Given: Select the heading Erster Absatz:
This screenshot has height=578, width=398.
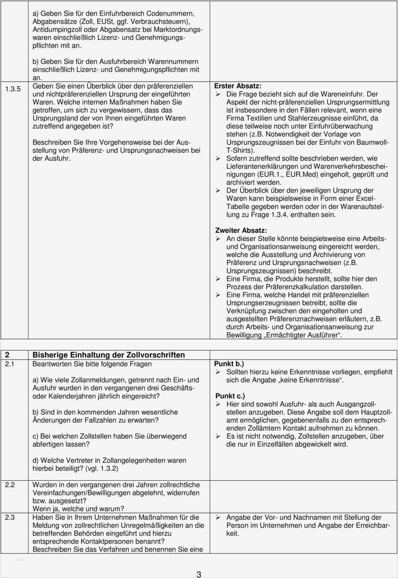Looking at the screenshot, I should (x=238, y=86).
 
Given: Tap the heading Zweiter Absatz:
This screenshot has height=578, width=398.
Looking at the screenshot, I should (x=241, y=230).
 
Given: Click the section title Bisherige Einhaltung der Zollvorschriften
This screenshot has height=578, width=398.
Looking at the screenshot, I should (x=109, y=355).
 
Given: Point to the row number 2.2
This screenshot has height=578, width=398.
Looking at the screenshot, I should (x=10, y=484).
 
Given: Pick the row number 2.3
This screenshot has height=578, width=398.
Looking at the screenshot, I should (x=10, y=517).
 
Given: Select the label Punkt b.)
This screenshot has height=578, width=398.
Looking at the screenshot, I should (x=229, y=363).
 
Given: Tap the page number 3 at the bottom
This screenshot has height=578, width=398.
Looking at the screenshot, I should (x=199, y=574).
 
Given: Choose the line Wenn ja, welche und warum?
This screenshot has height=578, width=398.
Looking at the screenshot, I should (x=78, y=508).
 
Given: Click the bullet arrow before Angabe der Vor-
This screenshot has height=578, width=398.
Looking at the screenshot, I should (x=218, y=518).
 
